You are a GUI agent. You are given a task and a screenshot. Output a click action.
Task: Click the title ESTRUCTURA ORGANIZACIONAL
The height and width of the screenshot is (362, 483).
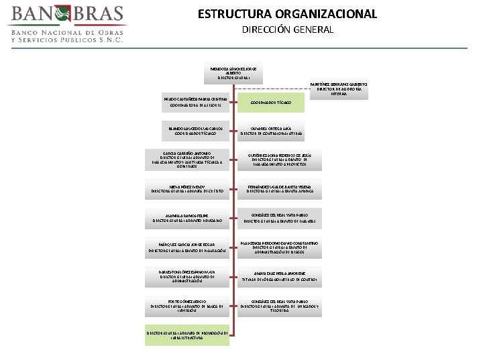(x=287, y=14)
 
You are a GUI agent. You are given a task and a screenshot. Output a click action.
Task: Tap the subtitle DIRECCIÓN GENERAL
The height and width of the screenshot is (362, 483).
(x=288, y=30)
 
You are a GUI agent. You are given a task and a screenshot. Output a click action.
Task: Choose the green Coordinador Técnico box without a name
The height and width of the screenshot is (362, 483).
(x=272, y=103)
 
